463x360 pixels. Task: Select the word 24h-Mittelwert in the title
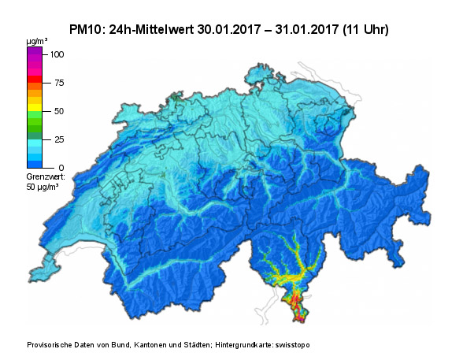157,29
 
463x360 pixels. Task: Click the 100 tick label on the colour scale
57,54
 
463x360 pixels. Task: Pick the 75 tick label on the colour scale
58,83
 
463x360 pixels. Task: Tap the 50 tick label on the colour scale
58,111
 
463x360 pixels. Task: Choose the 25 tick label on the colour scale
58,139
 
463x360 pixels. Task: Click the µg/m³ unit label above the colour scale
36,39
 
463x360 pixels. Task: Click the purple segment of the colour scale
35,54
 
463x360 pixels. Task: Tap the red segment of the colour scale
35,80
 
